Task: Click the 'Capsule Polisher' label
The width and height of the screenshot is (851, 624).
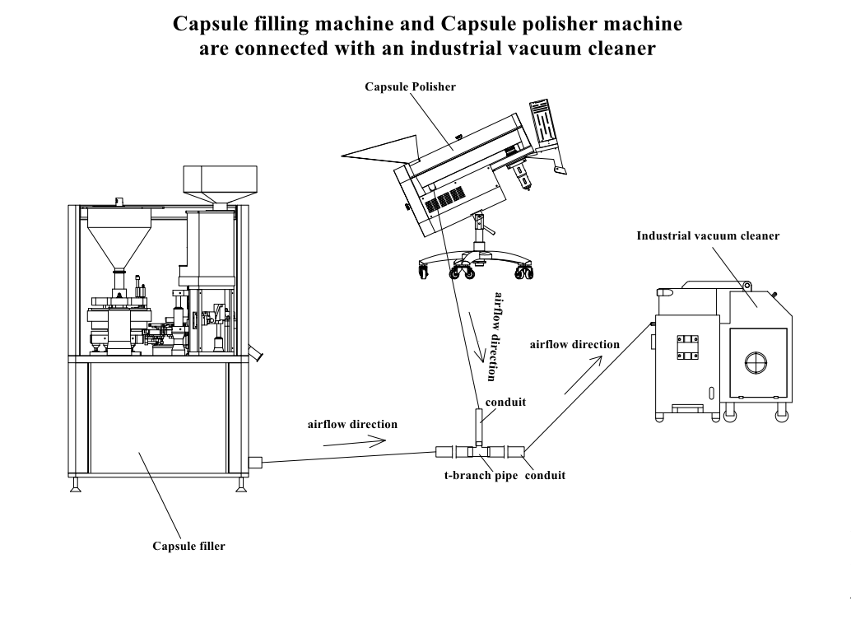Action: pyautogui.click(x=410, y=87)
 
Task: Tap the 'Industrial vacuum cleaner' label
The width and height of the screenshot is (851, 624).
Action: pyautogui.click(x=708, y=235)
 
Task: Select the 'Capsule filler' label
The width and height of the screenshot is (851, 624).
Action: pyautogui.click(x=188, y=547)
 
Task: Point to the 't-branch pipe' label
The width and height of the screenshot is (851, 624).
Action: pyautogui.click(x=481, y=476)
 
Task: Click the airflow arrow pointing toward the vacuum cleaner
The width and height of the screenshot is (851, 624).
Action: pyautogui.click(x=584, y=375)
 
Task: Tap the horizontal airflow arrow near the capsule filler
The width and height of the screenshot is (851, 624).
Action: pyautogui.click(x=355, y=441)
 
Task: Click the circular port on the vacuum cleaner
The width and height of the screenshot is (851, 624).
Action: pyautogui.click(x=756, y=362)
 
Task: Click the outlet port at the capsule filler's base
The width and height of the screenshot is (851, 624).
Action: pyautogui.click(x=255, y=463)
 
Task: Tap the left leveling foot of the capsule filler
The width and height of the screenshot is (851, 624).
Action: pyautogui.click(x=76, y=485)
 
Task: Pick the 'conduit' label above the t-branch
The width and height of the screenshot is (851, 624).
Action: pyautogui.click(x=505, y=403)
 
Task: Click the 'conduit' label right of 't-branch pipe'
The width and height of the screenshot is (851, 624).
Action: pyautogui.click(x=545, y=476)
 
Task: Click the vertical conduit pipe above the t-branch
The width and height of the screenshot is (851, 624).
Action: pyautogui.click(x=479, y=426)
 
